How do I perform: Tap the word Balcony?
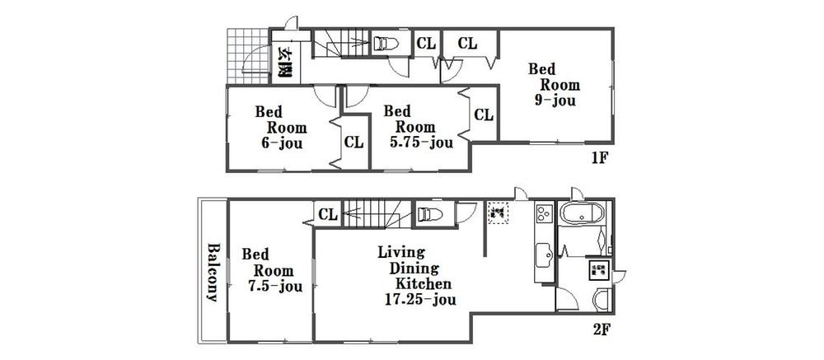tap(213, 273)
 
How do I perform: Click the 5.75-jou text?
tap(421, 143)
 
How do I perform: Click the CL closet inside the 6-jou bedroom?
tap(353, 143)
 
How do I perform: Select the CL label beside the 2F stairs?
tap(328, 215)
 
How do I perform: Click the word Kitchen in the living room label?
tap(424, 283)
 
